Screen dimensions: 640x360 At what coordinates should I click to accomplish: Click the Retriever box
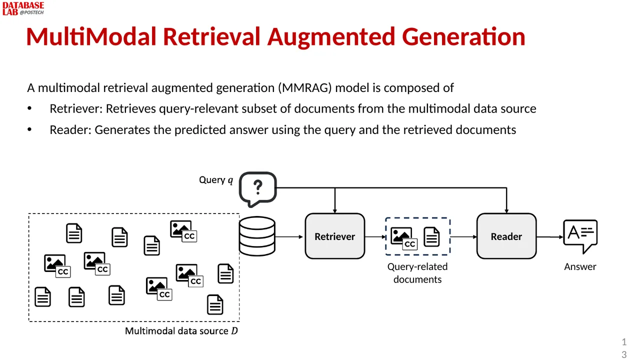tap(335, 236)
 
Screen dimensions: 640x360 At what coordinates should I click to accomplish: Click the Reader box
tap(506, 236)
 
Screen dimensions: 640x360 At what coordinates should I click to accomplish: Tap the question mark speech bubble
tap(257, 189)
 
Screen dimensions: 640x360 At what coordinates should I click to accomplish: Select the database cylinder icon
tap(257, 236)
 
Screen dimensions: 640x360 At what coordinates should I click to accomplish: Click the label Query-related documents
tap(417, 273)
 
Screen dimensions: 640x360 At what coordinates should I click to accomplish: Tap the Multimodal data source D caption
tap(181, 331)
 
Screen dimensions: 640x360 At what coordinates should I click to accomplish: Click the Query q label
tap(216, 180)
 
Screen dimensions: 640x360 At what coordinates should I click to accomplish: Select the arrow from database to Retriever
tap(289, 237)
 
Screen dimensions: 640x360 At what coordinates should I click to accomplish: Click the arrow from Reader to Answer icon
tap(549, 237)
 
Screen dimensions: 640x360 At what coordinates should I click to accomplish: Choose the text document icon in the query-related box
tap(431, 236)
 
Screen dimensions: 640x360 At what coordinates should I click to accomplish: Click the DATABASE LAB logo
tap(23, 8)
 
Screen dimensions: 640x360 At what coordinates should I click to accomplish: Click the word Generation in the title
tap(463, 36)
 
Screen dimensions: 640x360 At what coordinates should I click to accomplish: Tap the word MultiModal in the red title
tap(91, 36)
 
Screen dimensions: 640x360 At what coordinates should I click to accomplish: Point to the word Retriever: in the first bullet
tap(76, 108)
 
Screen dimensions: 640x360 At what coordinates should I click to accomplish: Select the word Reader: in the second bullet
tap(70, 129)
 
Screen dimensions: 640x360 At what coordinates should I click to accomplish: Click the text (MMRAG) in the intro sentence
tap(305, 88)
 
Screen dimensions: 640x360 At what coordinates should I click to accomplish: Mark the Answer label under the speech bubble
tap(580, 267)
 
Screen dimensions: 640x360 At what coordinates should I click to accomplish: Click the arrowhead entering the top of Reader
tap(506, 211)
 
